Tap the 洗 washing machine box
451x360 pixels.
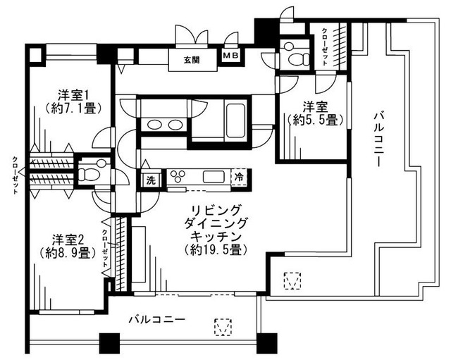point(151,180)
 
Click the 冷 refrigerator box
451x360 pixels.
point(241,178)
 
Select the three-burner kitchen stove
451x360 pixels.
point(177,177)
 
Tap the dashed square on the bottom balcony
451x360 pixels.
point(223,328)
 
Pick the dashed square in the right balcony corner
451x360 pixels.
point(290,280)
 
